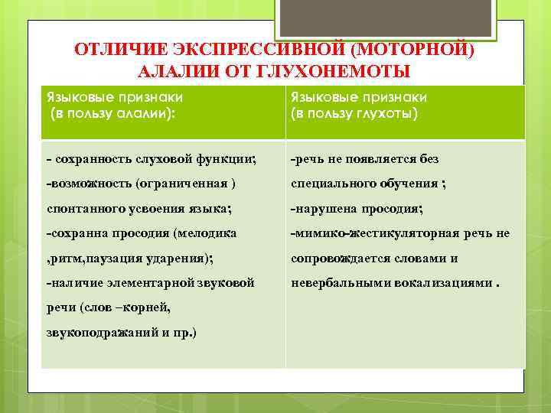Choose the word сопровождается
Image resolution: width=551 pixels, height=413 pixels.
click(347, 258)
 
